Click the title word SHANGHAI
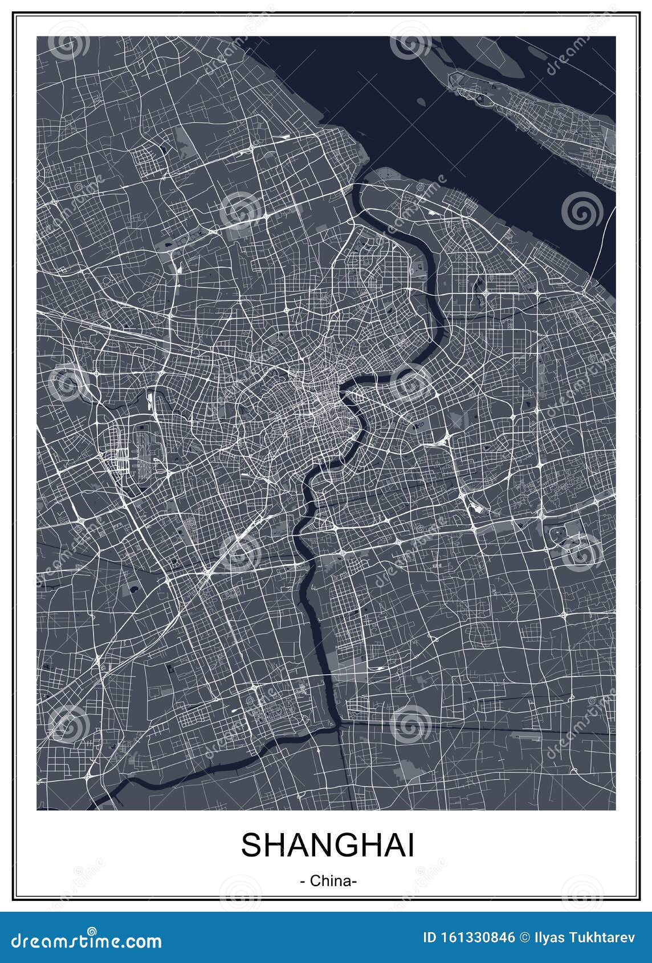click(327, 845)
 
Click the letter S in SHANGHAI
click(251, 845)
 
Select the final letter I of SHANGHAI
click(410, 845)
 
